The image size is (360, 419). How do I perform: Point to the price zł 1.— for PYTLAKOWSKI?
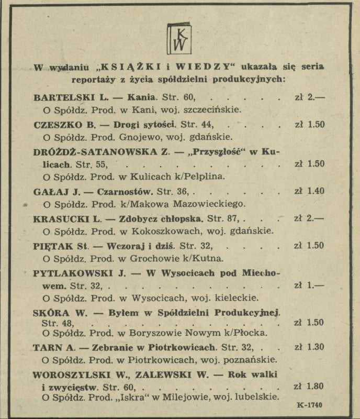[x=309, y=285]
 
